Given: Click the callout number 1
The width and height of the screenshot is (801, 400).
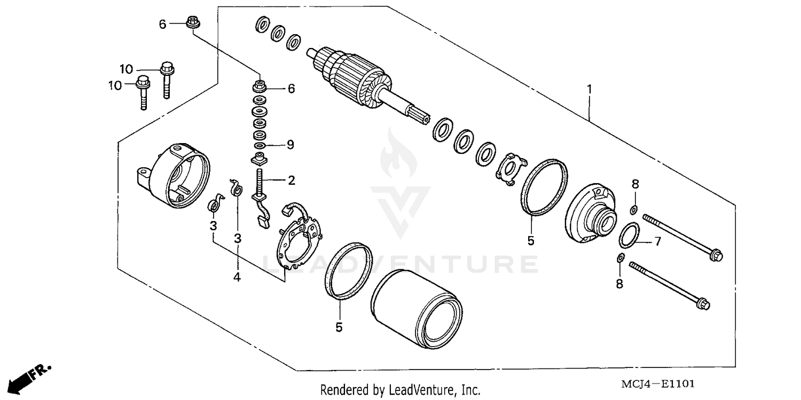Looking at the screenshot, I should coord(590,89).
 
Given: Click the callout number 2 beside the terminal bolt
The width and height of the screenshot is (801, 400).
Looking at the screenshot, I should coord(291,181).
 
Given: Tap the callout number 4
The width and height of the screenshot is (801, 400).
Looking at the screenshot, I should coord(237,277).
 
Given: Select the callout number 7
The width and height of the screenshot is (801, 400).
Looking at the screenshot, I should coord(657,242).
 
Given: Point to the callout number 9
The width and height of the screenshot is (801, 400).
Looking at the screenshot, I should coord(290,145).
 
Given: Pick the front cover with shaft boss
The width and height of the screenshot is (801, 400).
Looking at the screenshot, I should coord(591,210).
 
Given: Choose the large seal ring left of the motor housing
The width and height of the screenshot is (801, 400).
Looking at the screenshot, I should coord(349,270).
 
